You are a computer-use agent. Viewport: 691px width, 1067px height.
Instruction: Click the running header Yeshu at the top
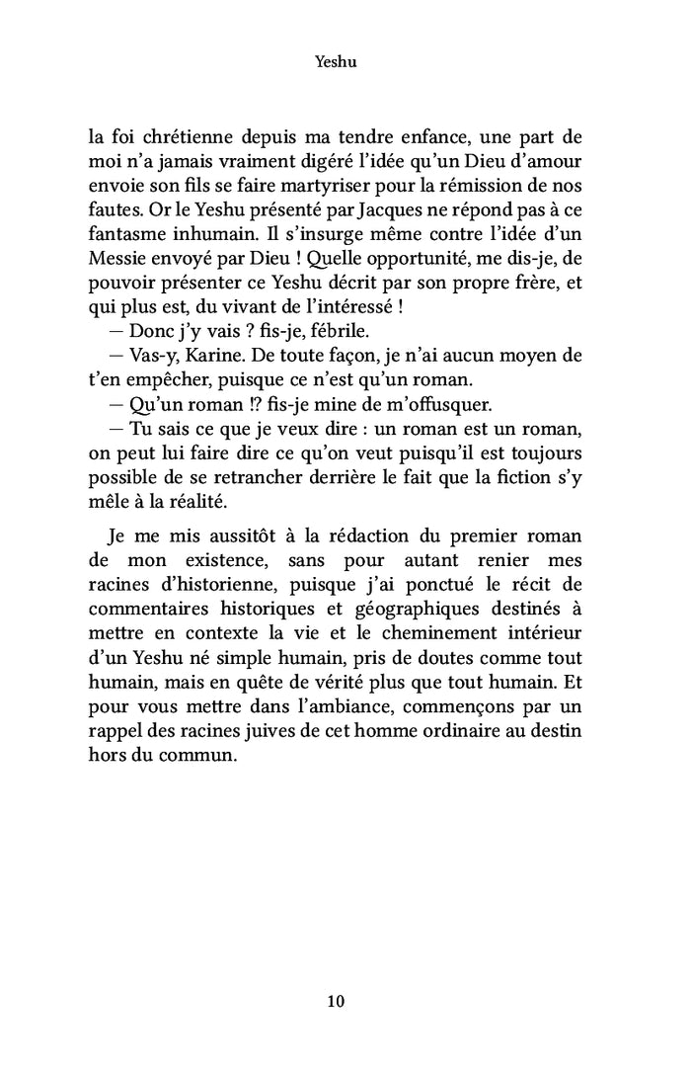point(335,61)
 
